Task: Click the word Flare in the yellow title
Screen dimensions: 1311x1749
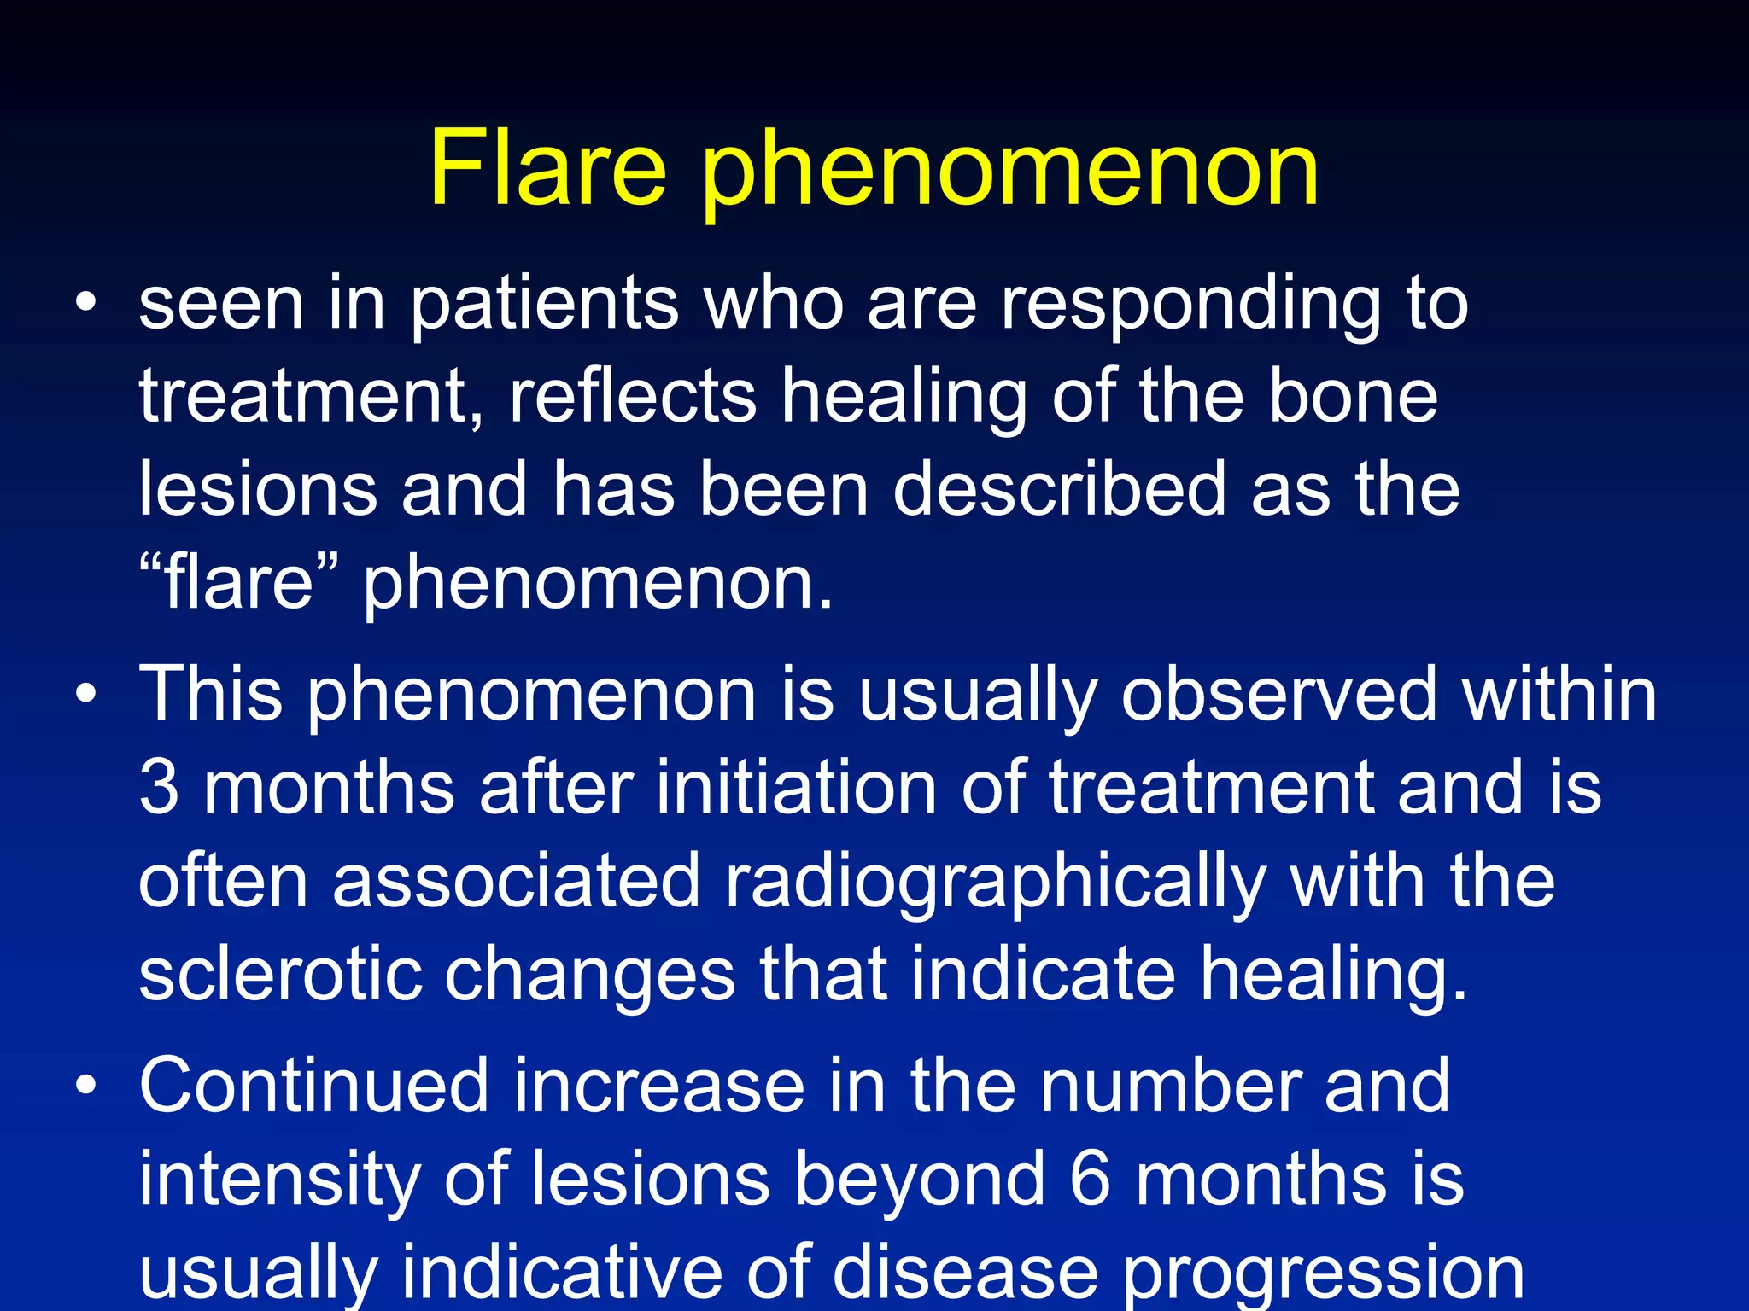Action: point(547,168)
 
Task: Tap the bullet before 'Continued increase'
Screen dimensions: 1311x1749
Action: point(85,1086)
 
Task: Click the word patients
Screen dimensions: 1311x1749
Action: point(545,307)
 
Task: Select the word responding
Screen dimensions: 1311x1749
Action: point(1190,307)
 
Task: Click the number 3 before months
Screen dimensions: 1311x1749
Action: point(159,787)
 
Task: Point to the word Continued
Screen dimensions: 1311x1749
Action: point(313,1086)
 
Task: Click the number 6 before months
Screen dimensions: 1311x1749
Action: point(1090,1180)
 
